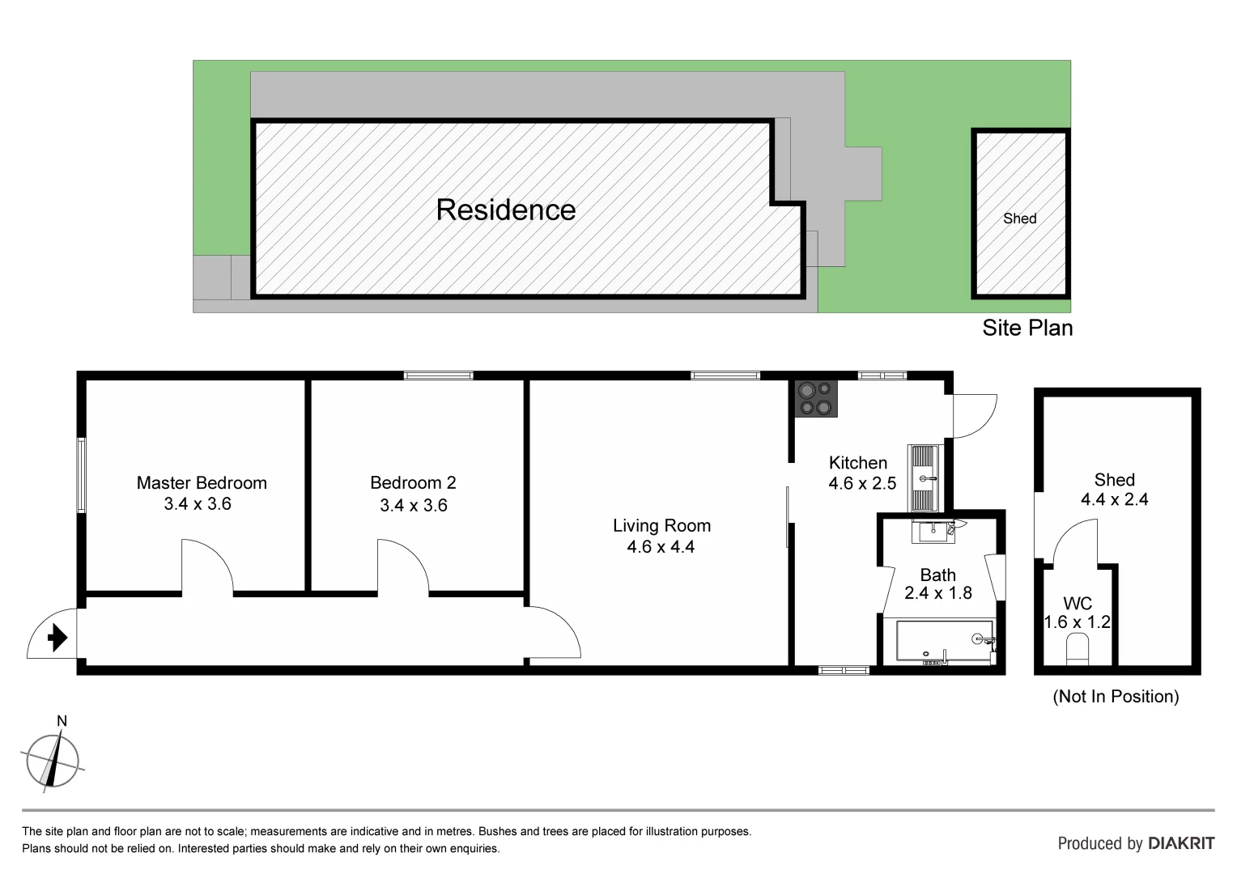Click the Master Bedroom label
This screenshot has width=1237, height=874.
click(x=202, y=483)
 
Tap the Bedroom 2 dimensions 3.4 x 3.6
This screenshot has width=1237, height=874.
click(x=413, y=505)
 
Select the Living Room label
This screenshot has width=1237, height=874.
click(x=661, y=526)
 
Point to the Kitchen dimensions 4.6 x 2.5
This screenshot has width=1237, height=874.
click(x=862, y=484)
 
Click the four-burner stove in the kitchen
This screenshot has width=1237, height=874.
click(x=815, y=398)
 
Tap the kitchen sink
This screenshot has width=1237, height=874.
click(x=924, y=477)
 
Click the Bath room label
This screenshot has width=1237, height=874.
click(x=937, y=575)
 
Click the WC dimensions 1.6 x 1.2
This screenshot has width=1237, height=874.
click(x=1077, y=622)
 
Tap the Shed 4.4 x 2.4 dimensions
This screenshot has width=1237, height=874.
click(x=1114, y=499)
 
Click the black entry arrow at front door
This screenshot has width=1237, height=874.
click(x=57, y=638)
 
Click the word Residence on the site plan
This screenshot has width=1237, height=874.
click(x=505, y=210)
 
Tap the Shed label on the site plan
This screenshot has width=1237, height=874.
click(x=1019, y=218)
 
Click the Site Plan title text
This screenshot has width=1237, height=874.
click(x=1027, y=328)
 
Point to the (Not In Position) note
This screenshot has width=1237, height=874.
click(x=1115, y=696)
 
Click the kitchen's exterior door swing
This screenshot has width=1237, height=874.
click(x=976, y=415)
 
